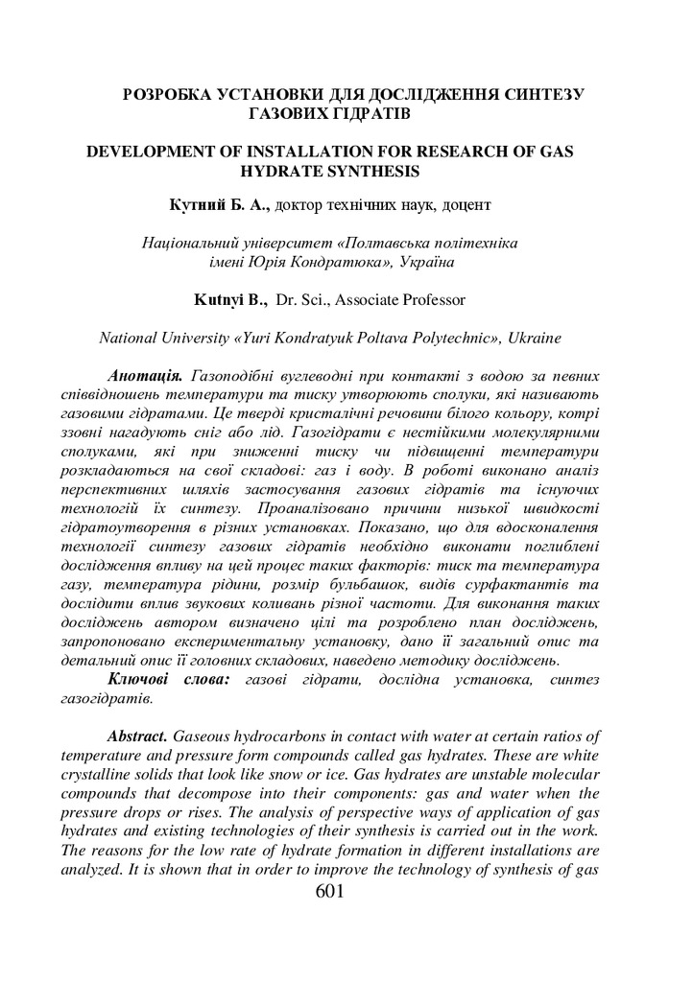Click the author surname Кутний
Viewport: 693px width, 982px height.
click(x=194, y=205)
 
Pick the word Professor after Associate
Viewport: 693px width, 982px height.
click(x=433, y=300)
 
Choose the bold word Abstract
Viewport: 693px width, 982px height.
click(x=139, y=736)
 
